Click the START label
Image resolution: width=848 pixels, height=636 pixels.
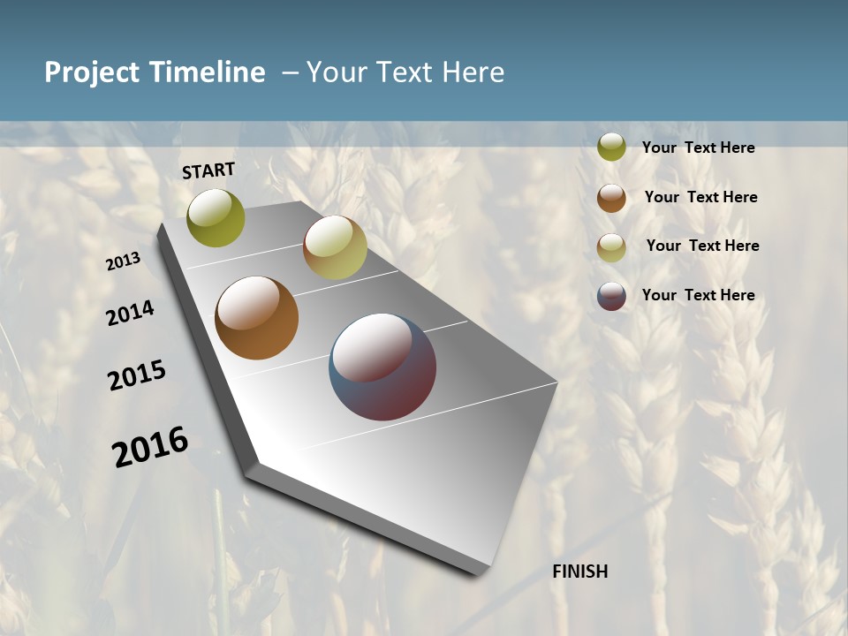[208, 170]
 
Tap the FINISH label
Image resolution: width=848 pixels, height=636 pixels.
[580, 572]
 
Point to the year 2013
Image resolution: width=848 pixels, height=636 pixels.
[124, 261]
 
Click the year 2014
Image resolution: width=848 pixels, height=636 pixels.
[131, 313]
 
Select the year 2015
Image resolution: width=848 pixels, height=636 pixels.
[137, 375]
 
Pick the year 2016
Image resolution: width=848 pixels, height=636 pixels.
[150, 446]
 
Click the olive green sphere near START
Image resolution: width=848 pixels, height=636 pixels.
[216, 217]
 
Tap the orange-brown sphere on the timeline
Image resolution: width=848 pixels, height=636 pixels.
[257, 318]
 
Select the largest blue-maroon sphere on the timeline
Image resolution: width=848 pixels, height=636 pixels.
[382, 367]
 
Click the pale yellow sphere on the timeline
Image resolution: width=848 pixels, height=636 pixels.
[335, 247]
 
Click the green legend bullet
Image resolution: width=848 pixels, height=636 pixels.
[611, 148]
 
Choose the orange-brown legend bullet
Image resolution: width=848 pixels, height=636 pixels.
[611, 198]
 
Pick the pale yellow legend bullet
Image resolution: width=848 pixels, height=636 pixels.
[611, 247]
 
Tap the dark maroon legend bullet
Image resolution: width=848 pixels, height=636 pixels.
[611, 296]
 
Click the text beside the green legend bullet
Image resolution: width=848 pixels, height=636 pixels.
[698, 148]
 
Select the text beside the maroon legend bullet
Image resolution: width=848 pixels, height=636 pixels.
[698, 295]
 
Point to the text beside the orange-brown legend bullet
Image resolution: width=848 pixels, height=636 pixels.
[700, 197]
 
